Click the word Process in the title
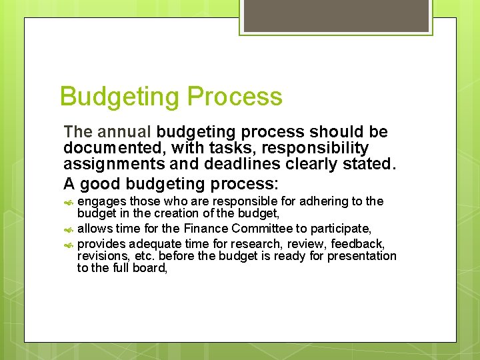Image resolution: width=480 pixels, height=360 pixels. (235, 97)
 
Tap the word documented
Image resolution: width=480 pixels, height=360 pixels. (109, 147)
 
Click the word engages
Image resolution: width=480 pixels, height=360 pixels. (102, 201)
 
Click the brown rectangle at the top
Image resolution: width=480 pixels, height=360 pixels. (336, 15)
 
